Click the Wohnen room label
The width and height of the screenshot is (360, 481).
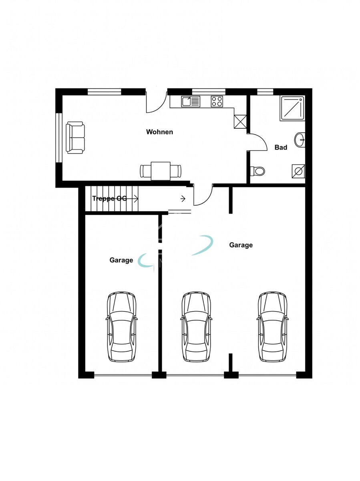[159, 132]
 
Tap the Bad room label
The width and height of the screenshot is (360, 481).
[281, 148]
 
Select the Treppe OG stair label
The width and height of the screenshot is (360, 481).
[109, 198]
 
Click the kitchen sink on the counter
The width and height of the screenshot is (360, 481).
[191, 101]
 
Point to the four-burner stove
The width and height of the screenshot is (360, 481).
[217, 101]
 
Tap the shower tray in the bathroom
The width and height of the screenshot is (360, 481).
[292, 109]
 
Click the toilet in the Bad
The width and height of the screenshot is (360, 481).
[257, 171]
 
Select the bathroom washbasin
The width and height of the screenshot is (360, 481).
[300, 139]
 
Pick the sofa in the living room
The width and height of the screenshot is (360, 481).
[75, 137]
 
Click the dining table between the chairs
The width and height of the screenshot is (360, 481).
[161, 171]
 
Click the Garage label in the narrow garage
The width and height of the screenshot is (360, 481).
[121, 260]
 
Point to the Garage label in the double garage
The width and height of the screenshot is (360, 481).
[241, 245]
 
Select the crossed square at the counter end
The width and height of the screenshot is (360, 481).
[240, 121]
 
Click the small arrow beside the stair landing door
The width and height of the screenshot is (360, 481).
[183, 199]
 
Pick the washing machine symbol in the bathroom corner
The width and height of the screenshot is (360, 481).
[298, 171]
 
